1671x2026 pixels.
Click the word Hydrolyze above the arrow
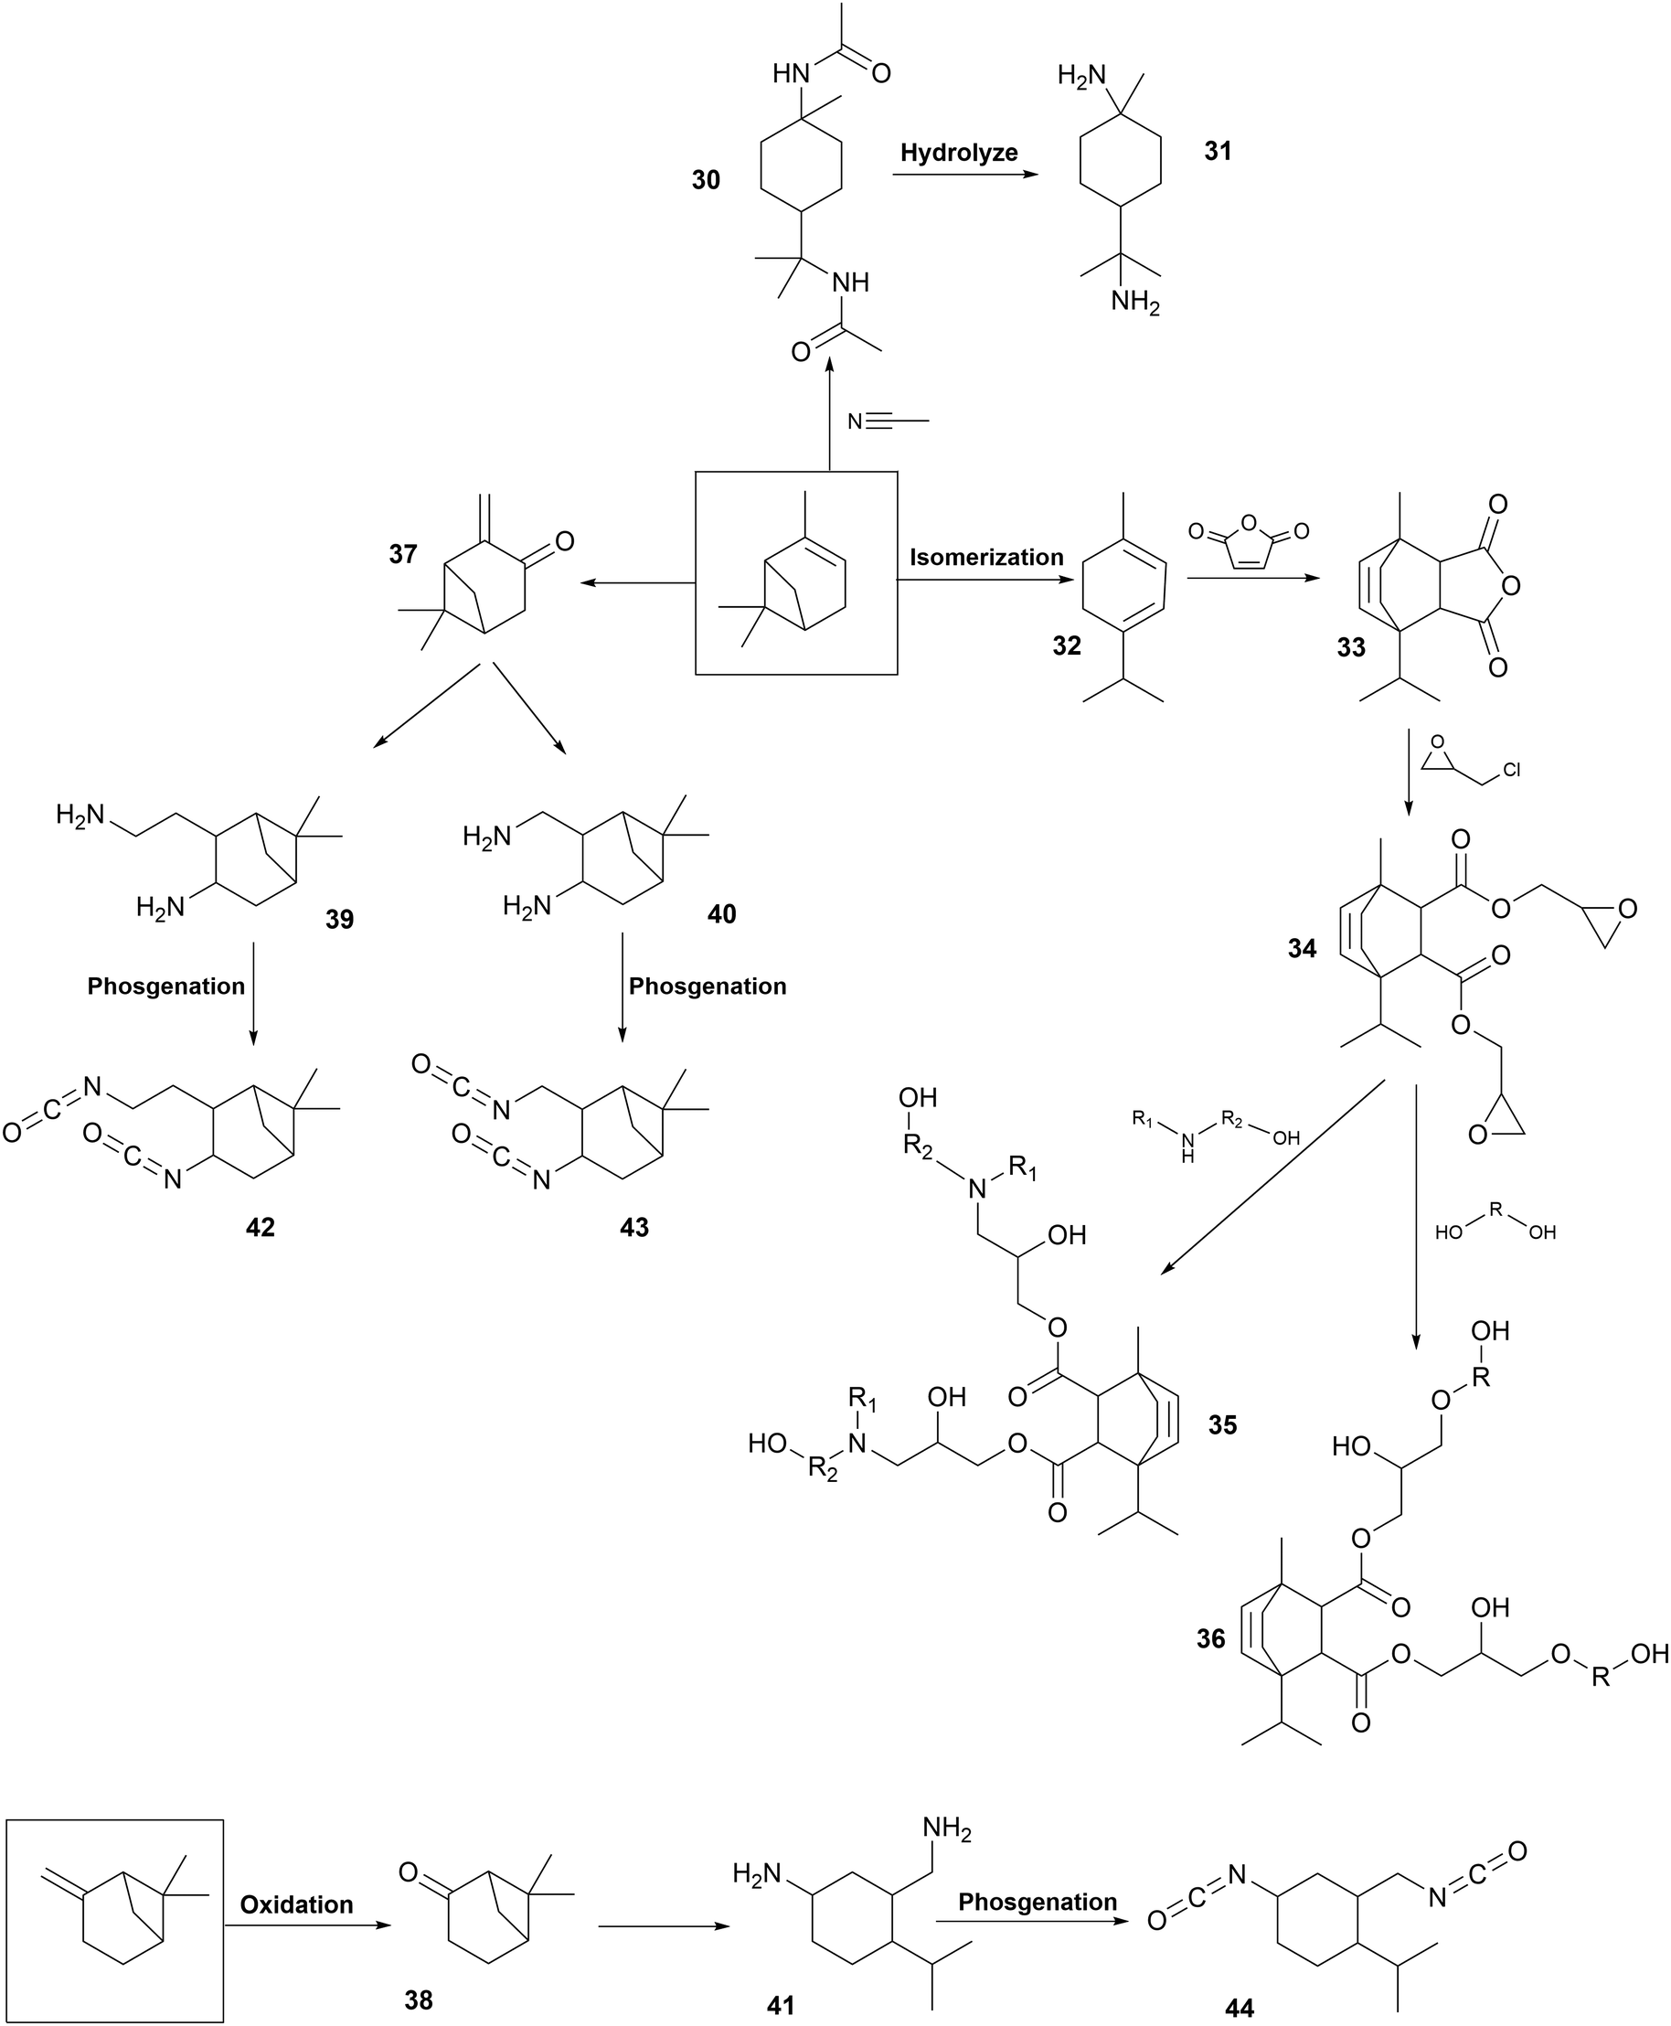pyautogui.click(x=959, y=153)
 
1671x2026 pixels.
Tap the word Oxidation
pyautogui.click(x=296, y=1904)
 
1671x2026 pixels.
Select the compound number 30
pyautogui.click(x=706, y=180)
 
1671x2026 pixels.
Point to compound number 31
pyautogui.click(x=1218, y=151)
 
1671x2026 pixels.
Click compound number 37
pyautogui.click(x=402, y=553)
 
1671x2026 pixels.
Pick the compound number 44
pyautogui.click(x=1240, y=2008)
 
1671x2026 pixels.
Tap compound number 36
pyautogui.click(x=1211, y=1638)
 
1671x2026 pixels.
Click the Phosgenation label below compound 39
pyautogui.click(x=165, y=986)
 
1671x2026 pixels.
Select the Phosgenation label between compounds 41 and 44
pyautogui.click(x=1037, y=1902)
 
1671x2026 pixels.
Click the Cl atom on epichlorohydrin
pyautogui.click(x=1511, y=771)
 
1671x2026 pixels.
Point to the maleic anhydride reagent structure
pyautogui.click(x=1249, y=543)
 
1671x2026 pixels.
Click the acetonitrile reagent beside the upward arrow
pyautogui.click(x=888, y=421)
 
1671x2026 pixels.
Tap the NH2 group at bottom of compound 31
pyautogui.click(x=1134, y=303)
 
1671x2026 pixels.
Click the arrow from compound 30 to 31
pyautogui.click(x=965, y=175)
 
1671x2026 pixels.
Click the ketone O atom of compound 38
pyautogui.click(x=408, y=1872)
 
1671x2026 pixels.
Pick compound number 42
pyautogui.click(x=260, y=1227)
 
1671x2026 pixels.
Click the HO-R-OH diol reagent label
pyautogui.click(x=1495, y=1223)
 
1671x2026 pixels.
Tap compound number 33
pyautogui.click(x=1350, y=646)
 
